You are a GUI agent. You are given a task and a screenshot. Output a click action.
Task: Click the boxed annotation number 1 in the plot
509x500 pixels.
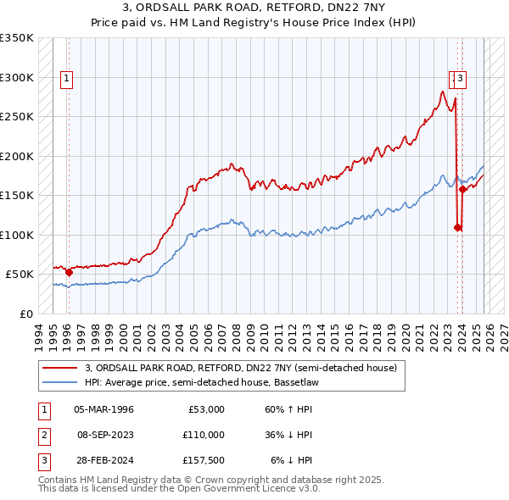pos(66,79)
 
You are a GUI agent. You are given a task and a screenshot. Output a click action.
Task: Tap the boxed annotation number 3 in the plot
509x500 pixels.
pos(461,79)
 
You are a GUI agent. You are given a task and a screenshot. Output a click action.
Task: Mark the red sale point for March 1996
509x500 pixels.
pos(69,272)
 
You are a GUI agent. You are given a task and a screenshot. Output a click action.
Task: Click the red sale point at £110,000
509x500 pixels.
pos(457,227)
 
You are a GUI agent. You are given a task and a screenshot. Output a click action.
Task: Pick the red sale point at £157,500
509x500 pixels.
pos(463,190)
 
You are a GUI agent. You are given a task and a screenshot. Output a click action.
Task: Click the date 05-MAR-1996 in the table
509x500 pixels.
pos(103,408)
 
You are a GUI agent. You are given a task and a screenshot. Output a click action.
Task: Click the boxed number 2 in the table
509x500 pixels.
pos(43,434)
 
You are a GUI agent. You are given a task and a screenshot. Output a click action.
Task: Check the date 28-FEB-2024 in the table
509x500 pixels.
pos(103,459)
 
